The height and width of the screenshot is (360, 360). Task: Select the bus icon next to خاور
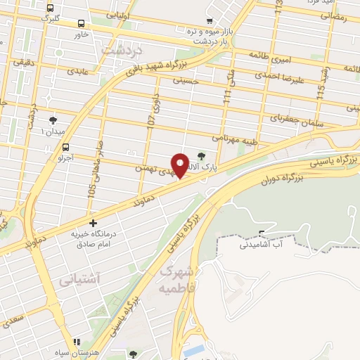pyautogui.click(x=82, y=22)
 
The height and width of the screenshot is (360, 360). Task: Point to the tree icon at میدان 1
pyautogui.click(x=53, y=120)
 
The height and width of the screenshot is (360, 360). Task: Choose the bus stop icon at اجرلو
pyautogui.click(x=66, y=148)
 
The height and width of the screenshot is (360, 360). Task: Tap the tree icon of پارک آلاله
pyautogui.click(x=202, y=156)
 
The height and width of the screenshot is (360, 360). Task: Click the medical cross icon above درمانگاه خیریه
pyautogui.click(x=93, y=223)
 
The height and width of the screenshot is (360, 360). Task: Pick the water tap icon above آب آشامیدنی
pyautogui.click(x=262, y=233)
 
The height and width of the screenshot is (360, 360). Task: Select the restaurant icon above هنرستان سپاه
pyautogui.click(x=77, y=342)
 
